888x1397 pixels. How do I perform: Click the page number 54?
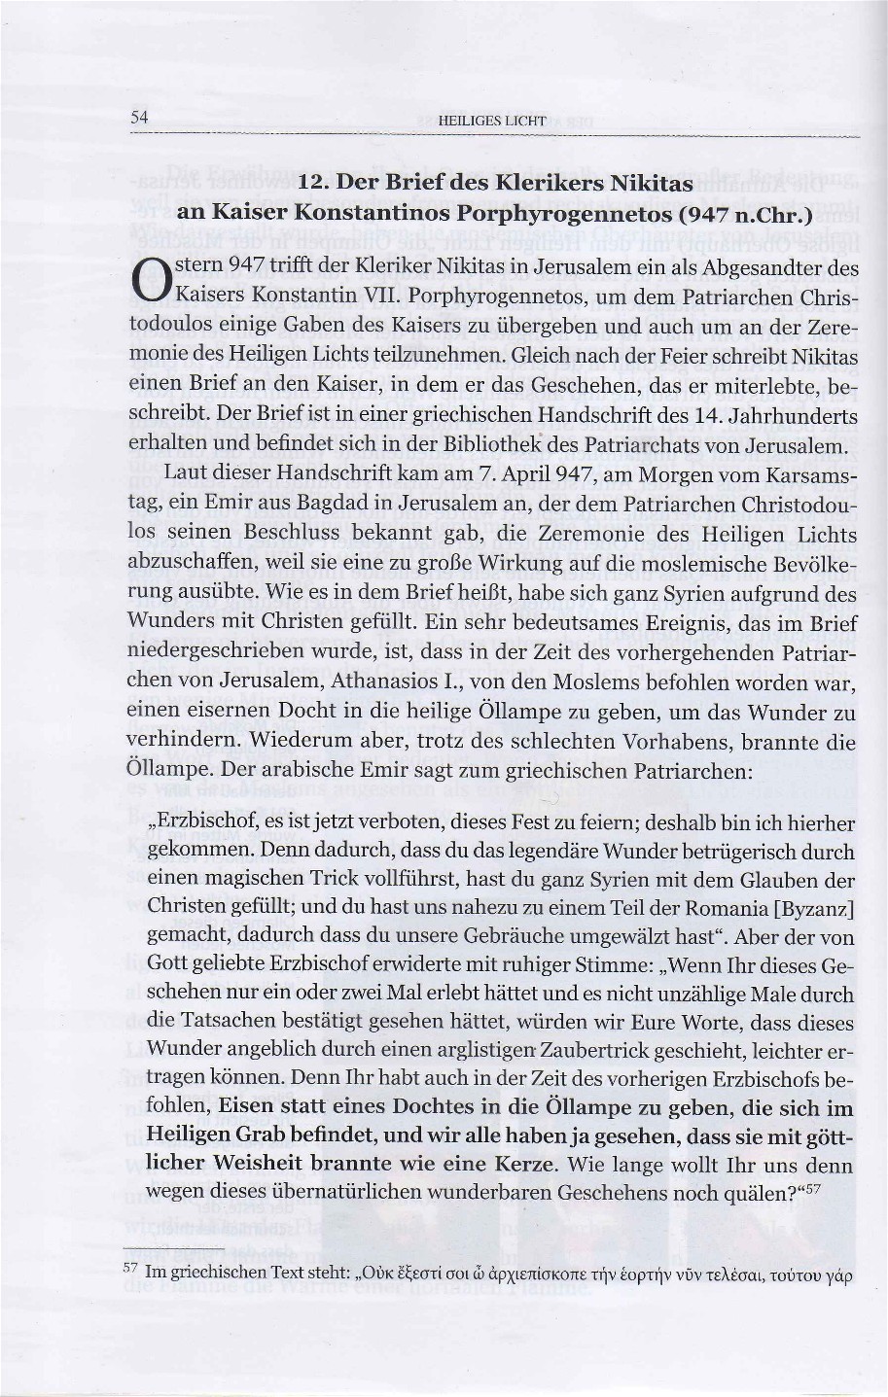pyautogui.click(x=138, y=117)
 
